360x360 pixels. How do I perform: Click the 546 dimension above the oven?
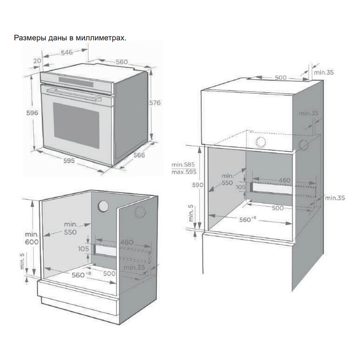(x=67, y=53)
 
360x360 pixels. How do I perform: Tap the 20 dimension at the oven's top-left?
(x=37, y=61)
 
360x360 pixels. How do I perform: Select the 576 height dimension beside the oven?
(x=155, y=103)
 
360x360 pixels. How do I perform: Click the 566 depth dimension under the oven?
(x=139, y=156)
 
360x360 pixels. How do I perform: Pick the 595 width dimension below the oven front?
(x=69, y=161)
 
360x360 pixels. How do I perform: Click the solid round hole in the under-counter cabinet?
(x=103, y=206)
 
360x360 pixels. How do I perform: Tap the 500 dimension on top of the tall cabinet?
(x=280, y=77)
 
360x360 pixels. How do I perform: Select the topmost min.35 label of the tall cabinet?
(x=324, y=72)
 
